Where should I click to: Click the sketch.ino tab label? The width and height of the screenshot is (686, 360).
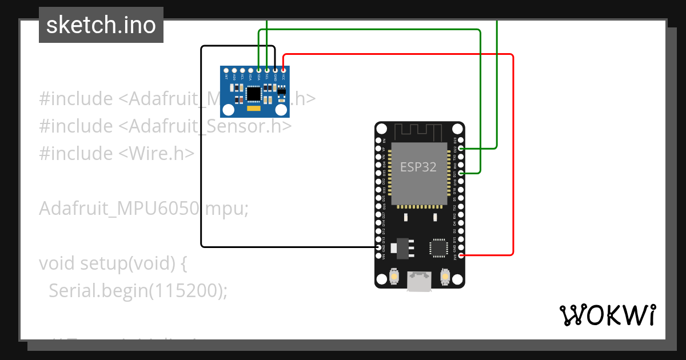tap(101, 25)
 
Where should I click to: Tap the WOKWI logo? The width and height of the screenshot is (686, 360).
tap(607, 315)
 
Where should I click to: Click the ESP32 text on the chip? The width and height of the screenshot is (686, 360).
tap(418, 167)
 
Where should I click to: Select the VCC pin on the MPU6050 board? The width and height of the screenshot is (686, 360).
tap(284, 70)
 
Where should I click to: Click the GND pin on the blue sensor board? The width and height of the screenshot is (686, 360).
tap(275, 70)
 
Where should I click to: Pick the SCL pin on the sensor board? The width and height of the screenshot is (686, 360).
tap(267, 70)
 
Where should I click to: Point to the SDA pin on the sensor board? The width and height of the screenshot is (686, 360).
tap(259, 70)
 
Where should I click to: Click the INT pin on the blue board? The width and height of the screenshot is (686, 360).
tap(226, 70)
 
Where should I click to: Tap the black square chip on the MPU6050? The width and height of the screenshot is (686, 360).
tap(252, 93)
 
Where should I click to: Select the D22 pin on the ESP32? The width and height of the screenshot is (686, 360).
tap(461, 148)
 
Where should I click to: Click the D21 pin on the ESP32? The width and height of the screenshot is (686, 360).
tap(461, 173)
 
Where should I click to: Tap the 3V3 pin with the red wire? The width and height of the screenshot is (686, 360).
tap(461, 255)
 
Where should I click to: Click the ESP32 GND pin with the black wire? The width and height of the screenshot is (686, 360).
tap(377, 247)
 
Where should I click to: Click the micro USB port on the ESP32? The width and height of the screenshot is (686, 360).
tap(419, 282)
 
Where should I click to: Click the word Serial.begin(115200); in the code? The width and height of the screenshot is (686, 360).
tap(138, 291)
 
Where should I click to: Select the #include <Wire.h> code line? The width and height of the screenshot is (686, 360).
tap(117, 154)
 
